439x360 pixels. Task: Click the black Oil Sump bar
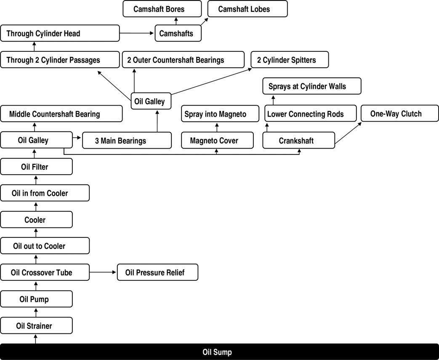click(220, 352)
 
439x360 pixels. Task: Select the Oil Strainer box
click(36, 325)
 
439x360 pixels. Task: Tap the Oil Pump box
click(36, 299)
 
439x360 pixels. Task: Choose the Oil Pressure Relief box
click(157, 272)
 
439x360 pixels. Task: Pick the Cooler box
click(36, 220)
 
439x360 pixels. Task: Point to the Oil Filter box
click(36, 167)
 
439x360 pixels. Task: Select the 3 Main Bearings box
click(127, 140)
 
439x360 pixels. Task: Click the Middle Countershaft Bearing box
click(61, 114)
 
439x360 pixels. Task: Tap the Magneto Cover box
click(218, 140)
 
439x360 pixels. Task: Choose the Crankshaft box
click(299, 140)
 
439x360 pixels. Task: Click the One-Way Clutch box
click(400, 113)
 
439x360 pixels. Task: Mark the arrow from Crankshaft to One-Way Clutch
click(348, 133)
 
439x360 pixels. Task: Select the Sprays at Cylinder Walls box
click(312, 86)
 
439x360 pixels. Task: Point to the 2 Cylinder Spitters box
click(290, 60)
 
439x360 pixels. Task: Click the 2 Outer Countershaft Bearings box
click(184, 60)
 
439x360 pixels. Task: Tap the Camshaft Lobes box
click(247, 9)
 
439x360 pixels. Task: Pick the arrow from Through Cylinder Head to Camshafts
click(137, 33)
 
